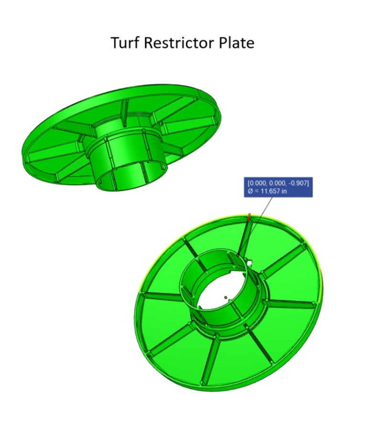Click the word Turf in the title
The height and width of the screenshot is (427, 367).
click(125, 43)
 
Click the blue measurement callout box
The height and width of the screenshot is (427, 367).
click(279, 187)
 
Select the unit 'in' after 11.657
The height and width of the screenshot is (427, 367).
click(291, 191)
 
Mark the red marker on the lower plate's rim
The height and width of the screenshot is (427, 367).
click(249, 218)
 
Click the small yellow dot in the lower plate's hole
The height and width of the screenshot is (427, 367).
click(226, 298)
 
